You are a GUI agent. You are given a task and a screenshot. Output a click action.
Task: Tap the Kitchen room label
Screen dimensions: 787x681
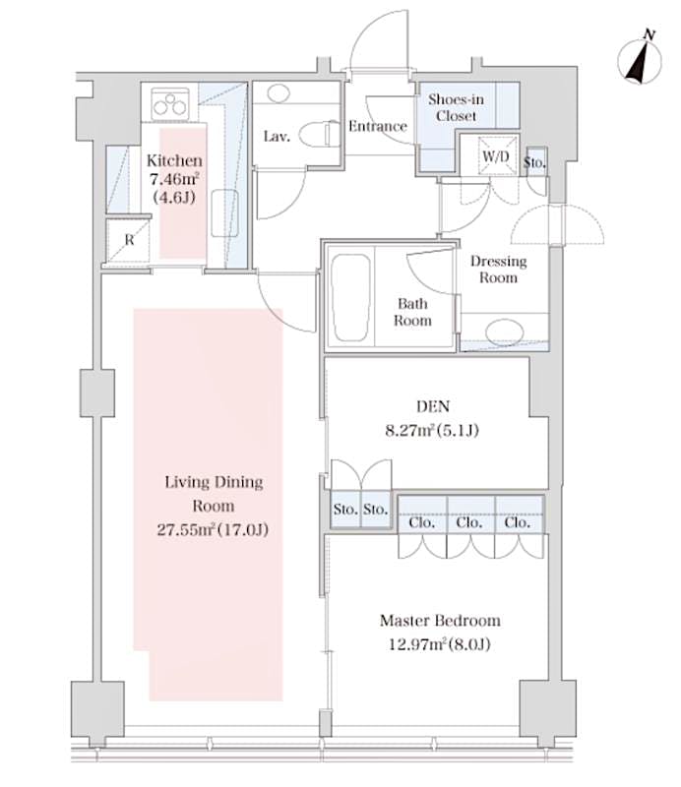(175, 160)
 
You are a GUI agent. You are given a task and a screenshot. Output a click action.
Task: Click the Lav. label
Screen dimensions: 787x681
(276, 137)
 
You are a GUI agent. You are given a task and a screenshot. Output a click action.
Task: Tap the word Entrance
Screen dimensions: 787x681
(378, 126)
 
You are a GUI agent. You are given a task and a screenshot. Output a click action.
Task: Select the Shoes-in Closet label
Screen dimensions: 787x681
(453, 107)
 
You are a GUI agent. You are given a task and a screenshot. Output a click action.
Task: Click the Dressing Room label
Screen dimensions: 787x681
(498, 269)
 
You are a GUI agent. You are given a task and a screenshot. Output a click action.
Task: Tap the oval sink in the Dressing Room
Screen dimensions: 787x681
(504, 330)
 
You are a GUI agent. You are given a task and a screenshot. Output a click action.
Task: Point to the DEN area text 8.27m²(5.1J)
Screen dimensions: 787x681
(434, 429)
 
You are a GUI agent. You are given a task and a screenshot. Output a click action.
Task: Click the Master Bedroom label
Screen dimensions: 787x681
(440, 621)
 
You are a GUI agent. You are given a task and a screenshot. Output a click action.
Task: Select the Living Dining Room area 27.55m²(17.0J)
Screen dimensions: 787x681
(214, 530)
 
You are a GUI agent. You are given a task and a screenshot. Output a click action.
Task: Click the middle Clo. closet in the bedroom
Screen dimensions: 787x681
(469, 522)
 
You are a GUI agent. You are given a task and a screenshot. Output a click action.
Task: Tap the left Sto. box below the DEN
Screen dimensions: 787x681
(344, 510)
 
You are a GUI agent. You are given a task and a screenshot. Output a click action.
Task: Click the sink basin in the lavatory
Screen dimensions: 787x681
(277, 96)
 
